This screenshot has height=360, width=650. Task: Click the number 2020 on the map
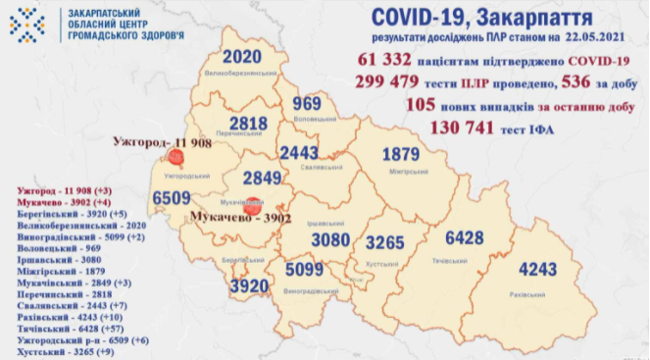point(239,55)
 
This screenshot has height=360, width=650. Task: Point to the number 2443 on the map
point(301,152)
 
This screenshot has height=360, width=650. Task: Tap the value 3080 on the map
point(315,239)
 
